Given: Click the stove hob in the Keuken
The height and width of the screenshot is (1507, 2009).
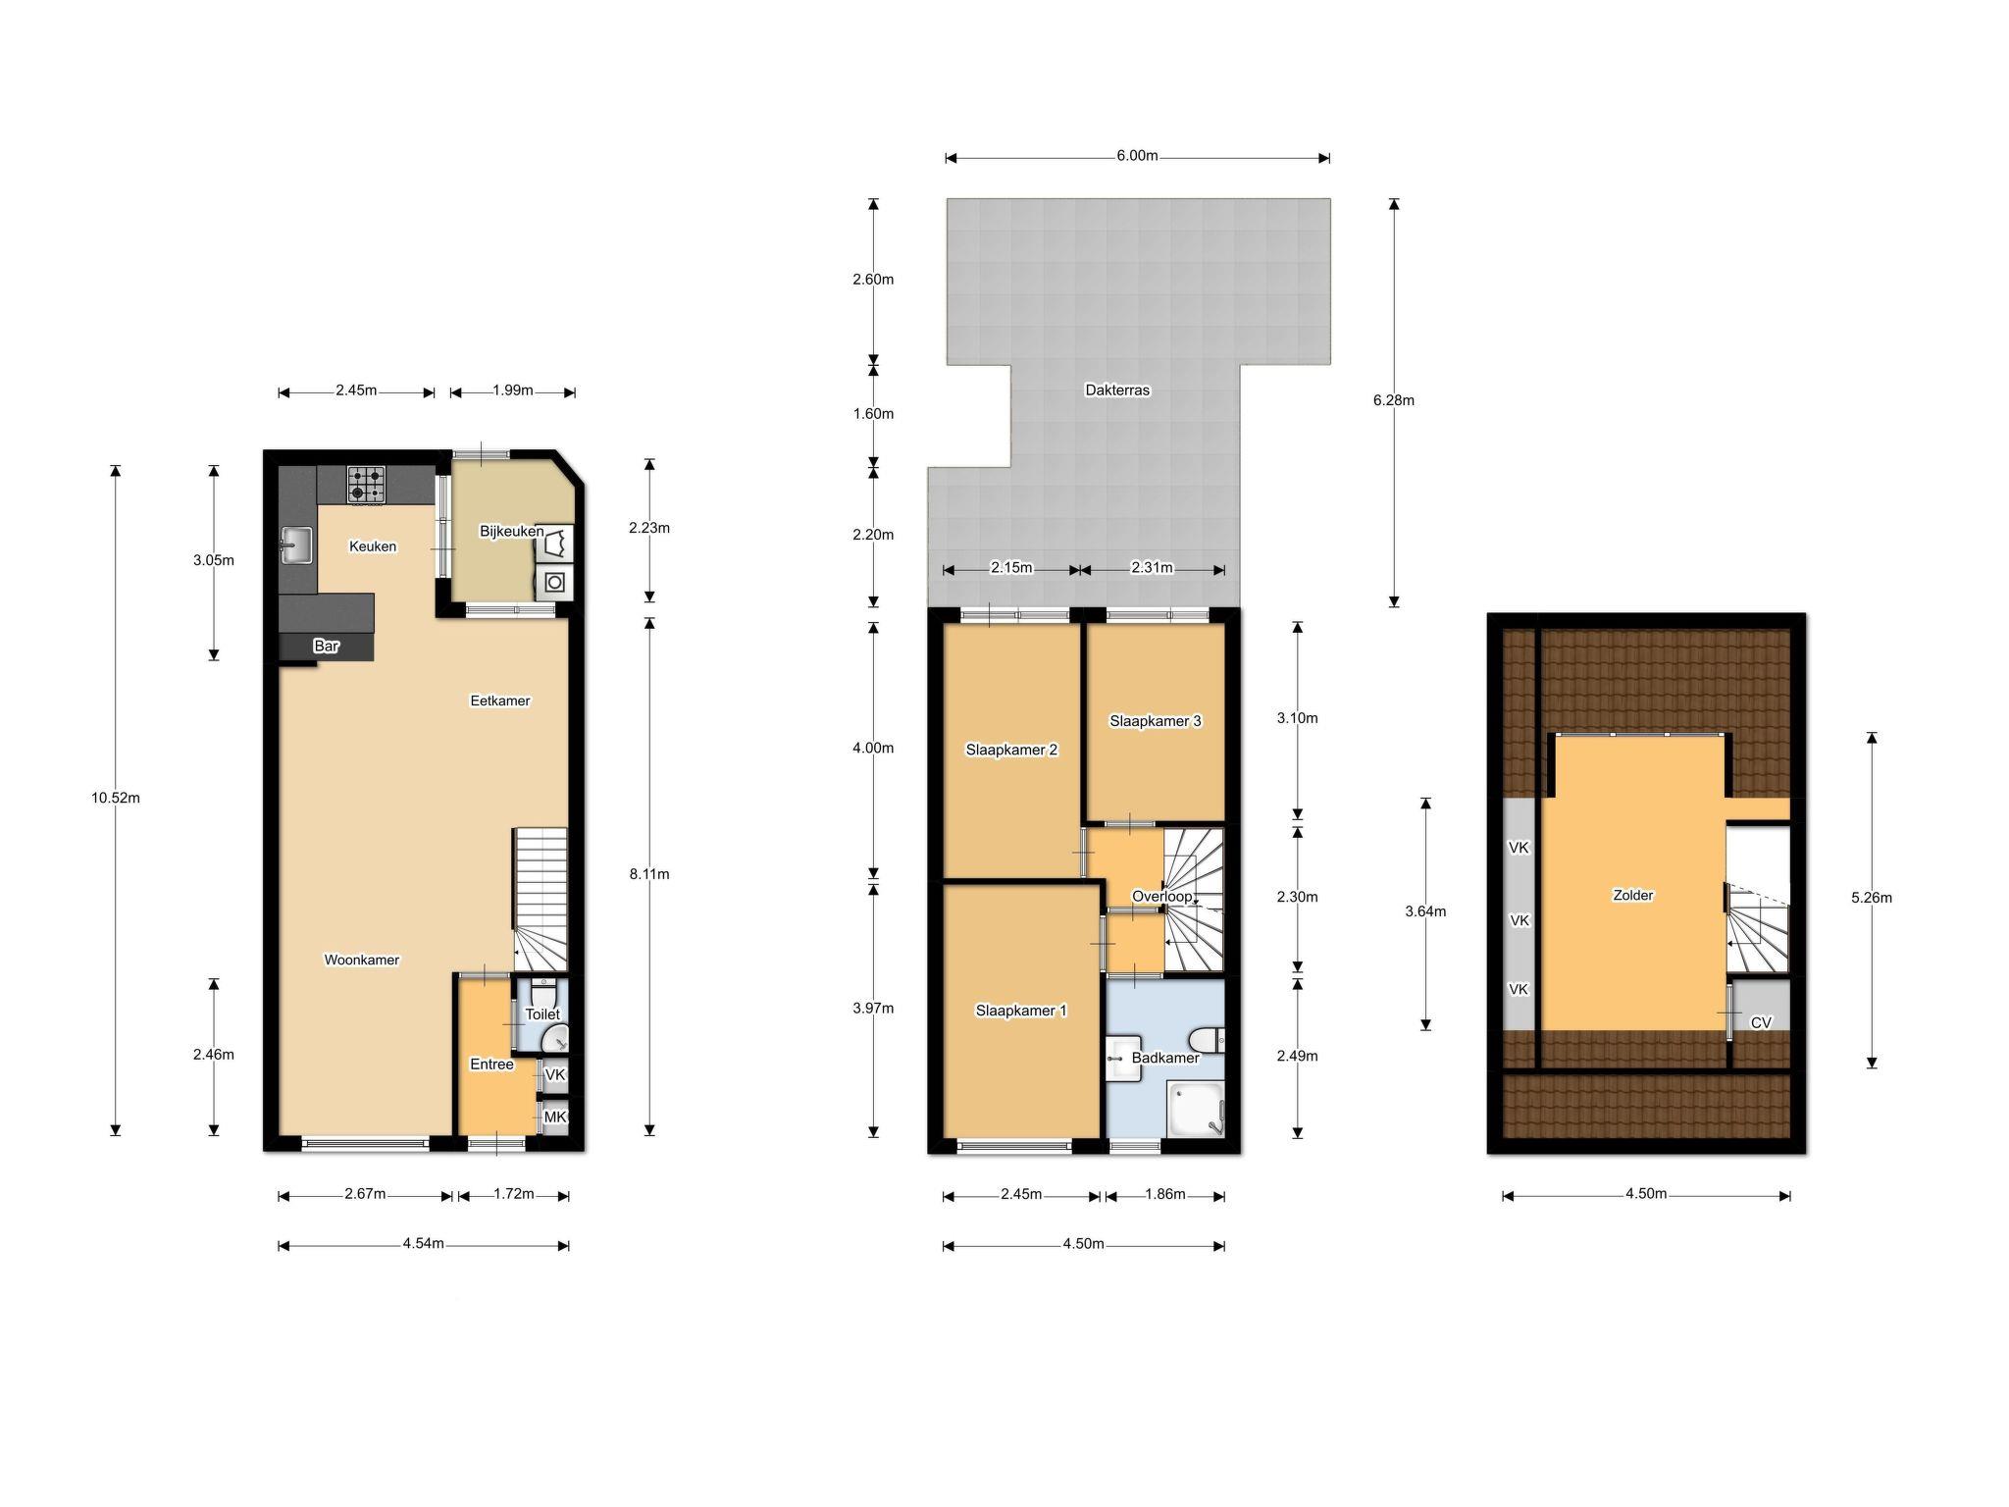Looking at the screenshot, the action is pyautogui.click(x=366, y=485).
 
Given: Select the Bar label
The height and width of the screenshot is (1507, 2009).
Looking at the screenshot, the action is pyautogui.click(x=327, y=647).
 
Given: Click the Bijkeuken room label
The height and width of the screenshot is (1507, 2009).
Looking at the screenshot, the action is pyautogui.click(x=511, y=532).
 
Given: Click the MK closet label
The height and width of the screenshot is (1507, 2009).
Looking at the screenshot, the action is pyautogui.click(x=555, y=1117).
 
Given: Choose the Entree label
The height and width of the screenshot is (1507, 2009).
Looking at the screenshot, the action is pyautogui.click(x=491, y=1065).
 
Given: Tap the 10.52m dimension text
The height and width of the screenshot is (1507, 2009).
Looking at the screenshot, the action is pyautogui.click(x=116, y=798).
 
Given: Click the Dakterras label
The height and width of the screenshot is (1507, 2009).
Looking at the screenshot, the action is pyautogui.click(x=1117, y=390).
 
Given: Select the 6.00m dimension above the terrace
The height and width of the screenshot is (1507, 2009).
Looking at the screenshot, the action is pyautogui.click(x=1137, y=157).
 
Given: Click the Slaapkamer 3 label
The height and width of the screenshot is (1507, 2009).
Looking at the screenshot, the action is pyautogui.click(x=1156, y=721).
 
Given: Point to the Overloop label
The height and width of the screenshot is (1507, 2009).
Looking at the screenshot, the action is pyautogui.click(x=1162, y=897).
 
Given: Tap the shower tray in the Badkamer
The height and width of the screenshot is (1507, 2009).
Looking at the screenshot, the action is pyautogui.click(x=1196, y=1110).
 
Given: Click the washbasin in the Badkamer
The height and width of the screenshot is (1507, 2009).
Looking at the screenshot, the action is pyautogui.click(x=1124, y=1059).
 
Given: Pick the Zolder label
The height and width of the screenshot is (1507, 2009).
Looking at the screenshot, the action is pyautogui.click(x=1633, y=896).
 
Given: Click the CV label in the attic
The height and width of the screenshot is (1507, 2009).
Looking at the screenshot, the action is pyautogui.click(x=1761, y=1022).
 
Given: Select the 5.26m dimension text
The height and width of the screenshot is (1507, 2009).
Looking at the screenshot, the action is pyautogui.click(x=1872, y=898).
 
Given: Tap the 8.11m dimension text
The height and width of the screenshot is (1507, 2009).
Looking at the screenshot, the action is pyautogui.click(x=649, y=874).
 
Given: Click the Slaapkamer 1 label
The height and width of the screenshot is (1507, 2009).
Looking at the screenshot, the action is pyautogui.click(x=1021, y=1011).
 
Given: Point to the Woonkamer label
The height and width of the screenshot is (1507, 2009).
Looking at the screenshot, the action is pyautogui.click(x=362, y=961).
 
